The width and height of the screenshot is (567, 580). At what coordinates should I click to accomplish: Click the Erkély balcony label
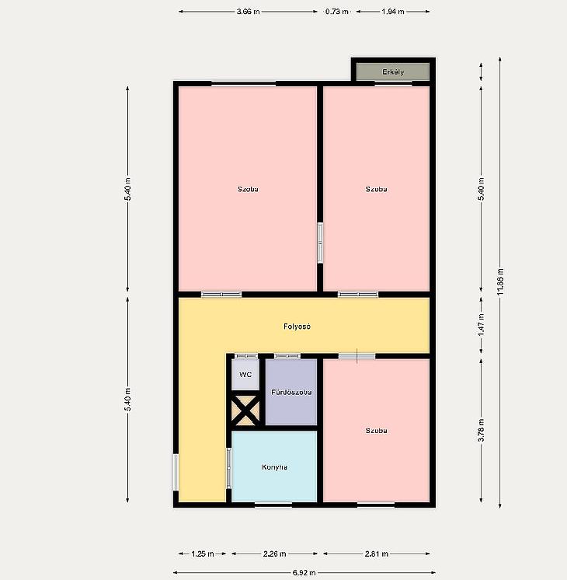pyautogui.click(x=393, y=72)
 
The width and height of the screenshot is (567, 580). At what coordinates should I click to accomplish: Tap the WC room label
pyautogui.click(x=245, y=375)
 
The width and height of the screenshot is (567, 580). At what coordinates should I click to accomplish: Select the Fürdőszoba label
pyautogui.click(x=291, y=392)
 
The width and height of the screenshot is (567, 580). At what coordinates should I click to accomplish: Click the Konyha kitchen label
pyautogui.click(x=274, y=466)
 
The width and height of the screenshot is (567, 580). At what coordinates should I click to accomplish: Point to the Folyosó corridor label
pyautogui.click(x=297, y=327)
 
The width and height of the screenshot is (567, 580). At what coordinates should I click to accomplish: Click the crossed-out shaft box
pyautogui.click(x=245, y=411)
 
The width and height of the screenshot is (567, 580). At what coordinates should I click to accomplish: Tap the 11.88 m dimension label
pyautogui.click(x=500, y=281)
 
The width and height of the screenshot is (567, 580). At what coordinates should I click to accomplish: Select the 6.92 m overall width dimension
pyautogui.click(x=304, y=572)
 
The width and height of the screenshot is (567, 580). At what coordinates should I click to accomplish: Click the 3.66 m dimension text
pyautogui.click(x=248, y=12)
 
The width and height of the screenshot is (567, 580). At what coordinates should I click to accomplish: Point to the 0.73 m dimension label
pyautogui.click(x=337, y=12)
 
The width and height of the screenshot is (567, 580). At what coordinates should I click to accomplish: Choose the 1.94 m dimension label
pyautogui.click(x=393, y=12)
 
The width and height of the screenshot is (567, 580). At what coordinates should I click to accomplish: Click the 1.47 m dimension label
pyautogui.click(x=482, y=325)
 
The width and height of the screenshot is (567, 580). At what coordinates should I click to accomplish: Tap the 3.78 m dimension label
pyautogui.click(x=482, y=430)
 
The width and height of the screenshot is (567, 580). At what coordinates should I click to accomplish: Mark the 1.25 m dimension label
pyautogui.click(x=202, y=554)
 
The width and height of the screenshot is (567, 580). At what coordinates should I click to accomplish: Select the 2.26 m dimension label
pyautogui.click(x=274, y=554)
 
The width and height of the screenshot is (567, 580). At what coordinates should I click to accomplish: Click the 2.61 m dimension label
pyautogui.click(x=376, y=554)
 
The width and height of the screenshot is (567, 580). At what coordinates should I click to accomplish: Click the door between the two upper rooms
pyautogui.click(x=320, y=243)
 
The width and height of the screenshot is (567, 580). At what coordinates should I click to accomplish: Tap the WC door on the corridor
pyautogui.click(x=246, y=356)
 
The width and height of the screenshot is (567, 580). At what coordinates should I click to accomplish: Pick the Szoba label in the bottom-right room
pyautogui.click(x=376, y=431)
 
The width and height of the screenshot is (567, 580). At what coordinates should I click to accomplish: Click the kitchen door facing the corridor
pyautogui.click(x=229, y=468)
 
